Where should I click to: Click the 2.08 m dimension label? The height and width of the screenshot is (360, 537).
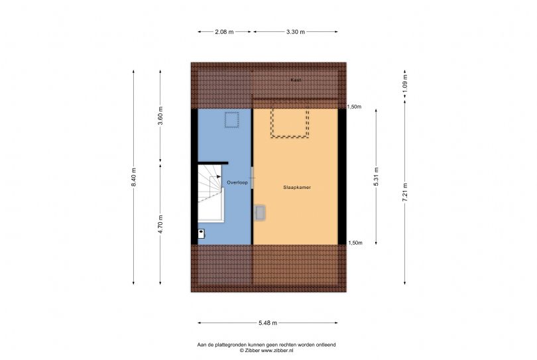click(224, 32)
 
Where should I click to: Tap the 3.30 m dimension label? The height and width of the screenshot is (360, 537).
click(296, 32)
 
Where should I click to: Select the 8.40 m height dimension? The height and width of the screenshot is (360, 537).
click(134, 177)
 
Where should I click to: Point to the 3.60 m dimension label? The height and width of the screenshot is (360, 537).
click(160, 116)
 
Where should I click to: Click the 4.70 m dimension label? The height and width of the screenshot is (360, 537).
click(160, 224)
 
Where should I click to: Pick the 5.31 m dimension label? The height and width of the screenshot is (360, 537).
click(376, 177)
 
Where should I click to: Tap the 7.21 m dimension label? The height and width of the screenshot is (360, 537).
click(405, 192)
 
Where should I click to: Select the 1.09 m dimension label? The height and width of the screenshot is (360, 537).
click(405, 84)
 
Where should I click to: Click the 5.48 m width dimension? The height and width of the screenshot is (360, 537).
click(268, 323)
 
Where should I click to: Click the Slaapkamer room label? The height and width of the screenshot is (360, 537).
click(297, 188)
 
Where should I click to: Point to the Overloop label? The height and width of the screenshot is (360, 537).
click(237, 182)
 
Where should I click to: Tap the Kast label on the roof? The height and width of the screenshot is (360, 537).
click(296, 80)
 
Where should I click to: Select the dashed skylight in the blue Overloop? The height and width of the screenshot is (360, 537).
click(231, 120)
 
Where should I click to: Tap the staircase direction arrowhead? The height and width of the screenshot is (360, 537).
click(219, 177)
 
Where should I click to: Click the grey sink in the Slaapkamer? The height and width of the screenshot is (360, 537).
click(260, 212)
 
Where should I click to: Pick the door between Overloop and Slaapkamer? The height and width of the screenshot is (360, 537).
click(253, 178)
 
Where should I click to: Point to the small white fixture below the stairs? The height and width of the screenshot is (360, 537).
click(202, 233)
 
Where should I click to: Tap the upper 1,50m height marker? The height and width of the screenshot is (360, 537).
click(354, 107)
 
